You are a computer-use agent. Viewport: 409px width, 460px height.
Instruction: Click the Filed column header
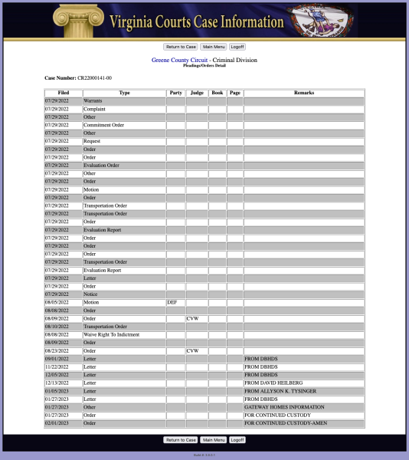63,93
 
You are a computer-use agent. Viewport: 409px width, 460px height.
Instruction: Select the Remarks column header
303,93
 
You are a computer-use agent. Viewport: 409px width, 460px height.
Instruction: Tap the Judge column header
197,93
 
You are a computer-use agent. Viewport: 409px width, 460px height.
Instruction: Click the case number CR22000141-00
94,77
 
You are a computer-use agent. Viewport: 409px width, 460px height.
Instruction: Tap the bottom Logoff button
237,440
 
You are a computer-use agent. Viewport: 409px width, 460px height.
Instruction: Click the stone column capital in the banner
77,17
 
